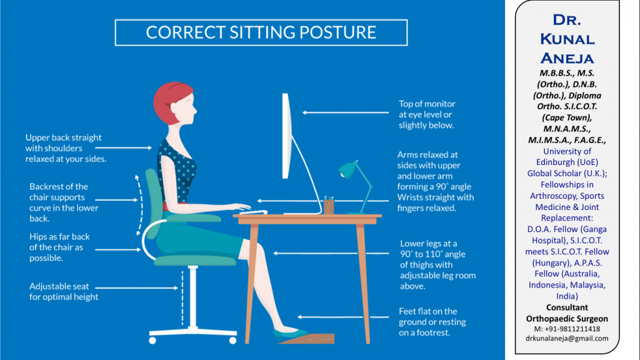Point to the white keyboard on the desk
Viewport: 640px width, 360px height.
point(254,212)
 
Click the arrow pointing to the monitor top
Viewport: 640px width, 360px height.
point(345,112)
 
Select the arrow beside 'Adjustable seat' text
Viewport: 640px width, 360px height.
point(137,287)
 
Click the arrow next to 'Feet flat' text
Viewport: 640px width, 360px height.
point(343,317)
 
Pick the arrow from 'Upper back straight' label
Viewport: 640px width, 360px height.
point(124,147)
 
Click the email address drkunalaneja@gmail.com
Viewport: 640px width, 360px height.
point(567,338)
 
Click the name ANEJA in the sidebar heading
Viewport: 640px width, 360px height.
point(567,58)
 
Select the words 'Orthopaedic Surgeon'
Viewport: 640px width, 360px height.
point(567,318)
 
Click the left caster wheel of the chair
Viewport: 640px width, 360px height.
point(152,341)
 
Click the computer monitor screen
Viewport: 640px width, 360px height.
point(286,136)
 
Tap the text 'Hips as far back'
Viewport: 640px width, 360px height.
point(59,237)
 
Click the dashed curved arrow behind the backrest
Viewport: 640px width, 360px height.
point(141,205)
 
